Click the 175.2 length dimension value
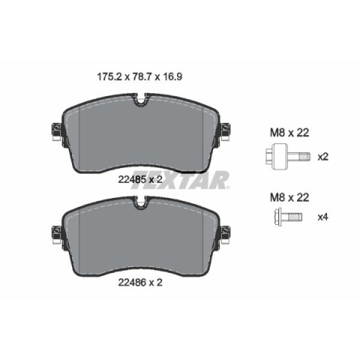pyautogui.click(x=109, y=76)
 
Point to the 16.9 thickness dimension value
pyautogui.click(x=172, y=76)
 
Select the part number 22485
pyautogui.click(x=132, y=179)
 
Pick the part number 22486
pyautogui.click(x=132, y=283)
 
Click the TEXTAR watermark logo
pyautogui.click(x=179, y=180)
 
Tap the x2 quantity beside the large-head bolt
pyautogui.click(x=322, y=157)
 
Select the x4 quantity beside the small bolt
pyautogui.click(x=322, y=217)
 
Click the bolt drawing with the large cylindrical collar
pyautogui.click(x=288, y=157)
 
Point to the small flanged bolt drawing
pyautogui.click(x=288, y=217)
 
